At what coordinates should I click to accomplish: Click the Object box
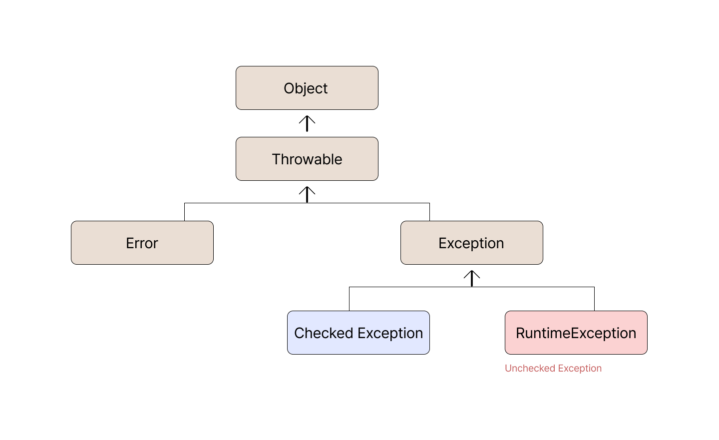(307, 88)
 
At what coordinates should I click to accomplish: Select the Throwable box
(307, 159)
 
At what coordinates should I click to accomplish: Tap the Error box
(142, 243)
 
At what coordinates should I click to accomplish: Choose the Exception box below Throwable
(472, 243)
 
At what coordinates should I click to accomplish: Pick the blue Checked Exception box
(358, 333)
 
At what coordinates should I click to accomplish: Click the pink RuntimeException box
(576, 333)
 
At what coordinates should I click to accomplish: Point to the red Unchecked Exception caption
(553, 369)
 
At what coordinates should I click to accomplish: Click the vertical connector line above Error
(185, 212)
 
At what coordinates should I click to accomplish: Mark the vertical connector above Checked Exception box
(349, 299)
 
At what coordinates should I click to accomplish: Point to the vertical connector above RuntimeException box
(595, 299)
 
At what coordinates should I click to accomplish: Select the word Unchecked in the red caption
(530, 368)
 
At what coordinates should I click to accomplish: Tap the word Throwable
(307, 159)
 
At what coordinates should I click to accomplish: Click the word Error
(142, 243)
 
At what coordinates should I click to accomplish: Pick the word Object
(306, 88)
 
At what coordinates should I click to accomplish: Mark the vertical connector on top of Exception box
(429, 212)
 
